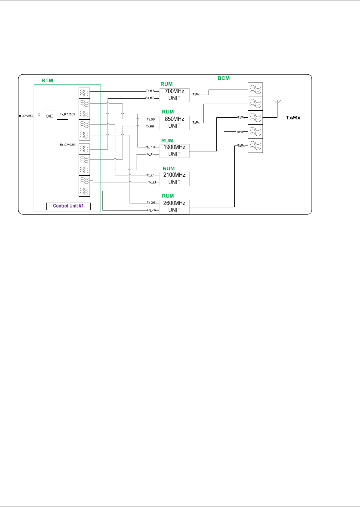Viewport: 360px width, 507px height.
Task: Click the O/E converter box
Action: [x=49, y=116]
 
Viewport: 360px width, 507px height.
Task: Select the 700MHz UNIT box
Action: [x=174, y=95]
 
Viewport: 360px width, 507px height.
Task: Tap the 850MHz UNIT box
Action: [x=174, y=123]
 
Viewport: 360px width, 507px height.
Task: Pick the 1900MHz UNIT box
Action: [x=174, y=151]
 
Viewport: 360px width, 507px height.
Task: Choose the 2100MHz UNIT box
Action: [x=174, y=179]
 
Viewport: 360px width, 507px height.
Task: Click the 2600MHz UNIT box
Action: [x=174, y=207]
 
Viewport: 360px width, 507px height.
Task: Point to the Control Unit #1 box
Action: [x=68, y=206]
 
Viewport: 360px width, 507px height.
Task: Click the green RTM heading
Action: [x=47, y=81]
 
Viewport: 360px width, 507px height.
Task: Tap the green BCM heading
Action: [x=223, y=78]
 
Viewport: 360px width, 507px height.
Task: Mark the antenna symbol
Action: [x=277, y=105]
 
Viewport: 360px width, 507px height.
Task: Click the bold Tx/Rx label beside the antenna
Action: [x=293, y=118]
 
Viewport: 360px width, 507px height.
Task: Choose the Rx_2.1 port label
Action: [x=152, y=182]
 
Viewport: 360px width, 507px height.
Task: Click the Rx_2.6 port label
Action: [x=152, y=210]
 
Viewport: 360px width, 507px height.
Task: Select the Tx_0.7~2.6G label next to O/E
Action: [x=67, y=114]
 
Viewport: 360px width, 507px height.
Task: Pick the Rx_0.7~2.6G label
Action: [x=67, y=145]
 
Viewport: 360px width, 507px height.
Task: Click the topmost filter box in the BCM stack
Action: [x=255, y=90]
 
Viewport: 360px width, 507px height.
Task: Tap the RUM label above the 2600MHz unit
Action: [x=167, y=196]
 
